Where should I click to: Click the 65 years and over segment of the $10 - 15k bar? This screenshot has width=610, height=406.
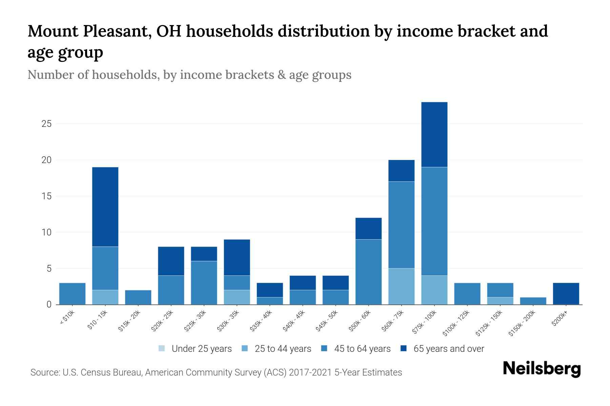pos(105,207)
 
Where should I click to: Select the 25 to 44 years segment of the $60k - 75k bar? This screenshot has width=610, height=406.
pos(401,286)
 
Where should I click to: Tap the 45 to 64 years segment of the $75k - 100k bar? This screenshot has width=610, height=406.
pos(434,221)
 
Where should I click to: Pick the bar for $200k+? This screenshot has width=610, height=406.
pos(566,294)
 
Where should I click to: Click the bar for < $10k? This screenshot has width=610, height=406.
pos(72,294)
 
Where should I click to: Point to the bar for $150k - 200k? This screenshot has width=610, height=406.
pos(533,301)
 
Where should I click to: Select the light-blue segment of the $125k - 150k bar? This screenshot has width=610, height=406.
pos(500,301)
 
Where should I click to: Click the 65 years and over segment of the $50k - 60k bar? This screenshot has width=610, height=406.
pos(368,228)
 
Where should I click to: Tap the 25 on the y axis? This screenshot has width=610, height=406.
pos(46,124)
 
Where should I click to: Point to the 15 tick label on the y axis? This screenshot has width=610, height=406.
pos(46,196)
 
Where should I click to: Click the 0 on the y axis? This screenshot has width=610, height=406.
pos(49,304)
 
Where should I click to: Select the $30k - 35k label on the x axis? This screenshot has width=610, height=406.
pos(228,321)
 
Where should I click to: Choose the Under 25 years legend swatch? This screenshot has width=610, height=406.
pos(162,348)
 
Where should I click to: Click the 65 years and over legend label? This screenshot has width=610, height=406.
pos(449,348)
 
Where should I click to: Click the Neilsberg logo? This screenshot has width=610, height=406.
pos(542,368)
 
